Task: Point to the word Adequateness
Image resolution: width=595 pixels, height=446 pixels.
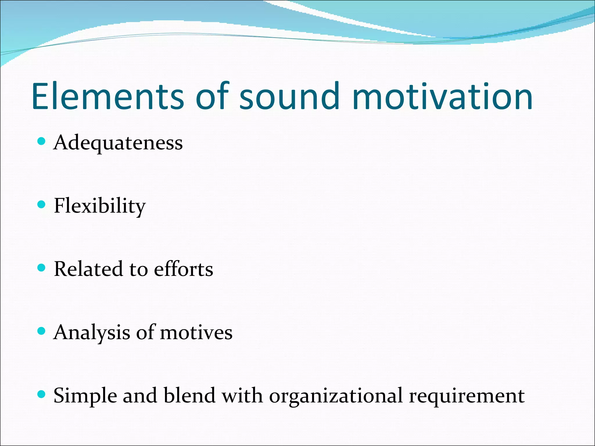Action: pyautogui.click(x=118, y=143)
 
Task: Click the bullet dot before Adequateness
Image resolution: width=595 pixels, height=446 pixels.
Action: pyautogui.click(x=42, y=141)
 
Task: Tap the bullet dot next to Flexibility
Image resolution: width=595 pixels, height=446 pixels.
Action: pyautogui.click(x=42, y=205)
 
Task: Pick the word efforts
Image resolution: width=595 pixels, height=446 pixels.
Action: pyautogui.click(x=183, y=269)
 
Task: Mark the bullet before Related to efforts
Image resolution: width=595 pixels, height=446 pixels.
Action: pyautogui.click(x=42, y=268)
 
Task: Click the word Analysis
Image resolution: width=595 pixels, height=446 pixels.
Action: pyautogui.click(x=92, y=332)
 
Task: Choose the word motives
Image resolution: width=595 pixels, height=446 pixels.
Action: pyautogui.click(x=196, y=332)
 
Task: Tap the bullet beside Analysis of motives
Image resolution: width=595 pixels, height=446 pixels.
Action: pyautogui.click(x=42, y=331)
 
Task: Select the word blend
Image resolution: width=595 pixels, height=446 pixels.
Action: pyautogui.click(x=189, y=395)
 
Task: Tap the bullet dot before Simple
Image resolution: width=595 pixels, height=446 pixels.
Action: pyautogui.click(x=42, y=394)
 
